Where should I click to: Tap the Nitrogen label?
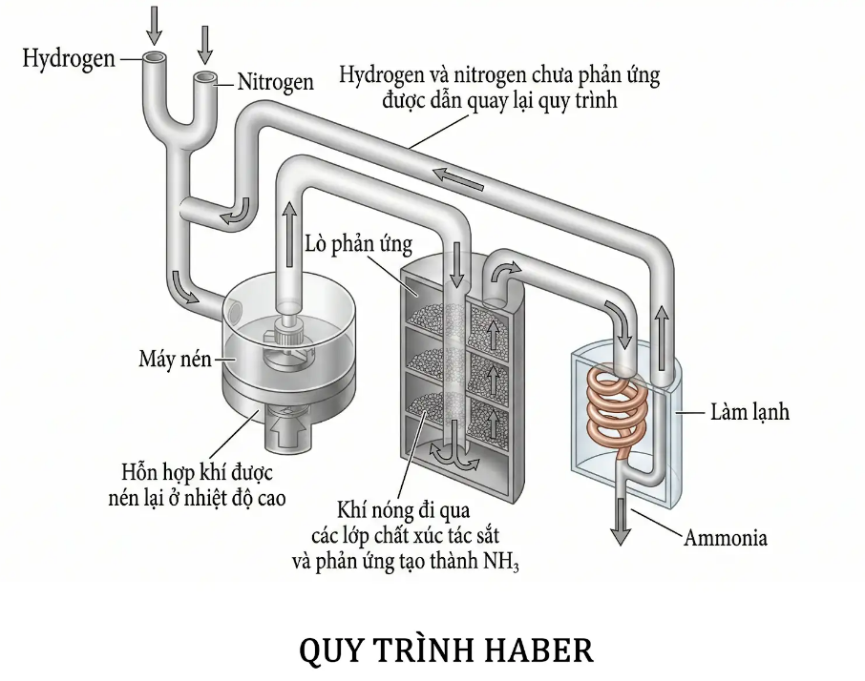point(276,83)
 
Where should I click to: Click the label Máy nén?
point(174,360)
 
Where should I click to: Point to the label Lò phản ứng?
point(358,245)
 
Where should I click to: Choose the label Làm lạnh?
point(749,413)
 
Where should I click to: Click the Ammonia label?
point(725,538)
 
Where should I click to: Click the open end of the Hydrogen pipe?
point(155,58)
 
